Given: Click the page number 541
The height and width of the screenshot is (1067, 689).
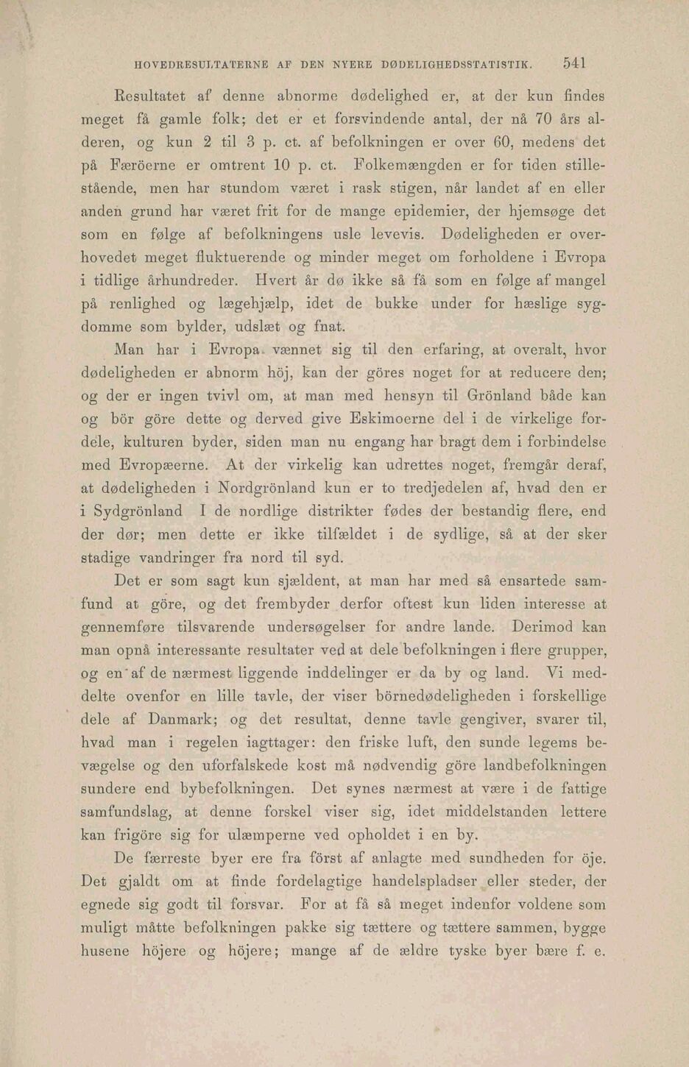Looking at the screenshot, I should click(574, 63).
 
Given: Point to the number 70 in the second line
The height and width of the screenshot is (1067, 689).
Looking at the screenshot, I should click(543, 118).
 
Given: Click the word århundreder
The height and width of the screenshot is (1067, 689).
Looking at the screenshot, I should click(191, 280).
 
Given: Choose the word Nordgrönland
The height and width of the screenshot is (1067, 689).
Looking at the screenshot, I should click(283, 488).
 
